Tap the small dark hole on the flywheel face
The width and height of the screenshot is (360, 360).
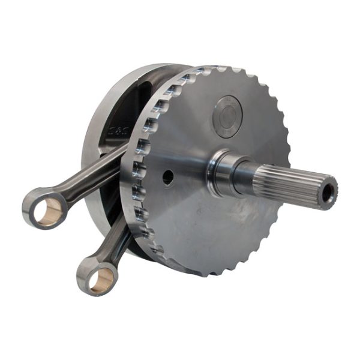pyautogui.click(x=168, y=176)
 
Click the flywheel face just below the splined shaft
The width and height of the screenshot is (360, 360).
pyautogui.click(x=240, y=222)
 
